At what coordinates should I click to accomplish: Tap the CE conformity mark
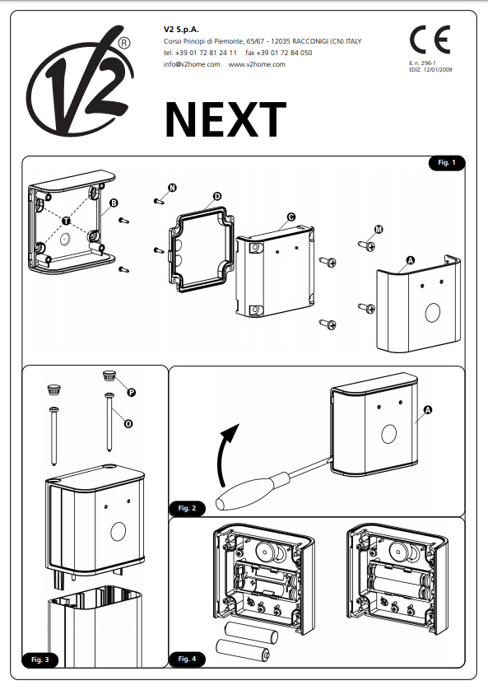tap(430, 40)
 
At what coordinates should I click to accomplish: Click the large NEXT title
tap(226, 119)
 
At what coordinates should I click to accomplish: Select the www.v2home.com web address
tap(257, 64)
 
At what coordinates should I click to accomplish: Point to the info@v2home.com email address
tap(192, 64)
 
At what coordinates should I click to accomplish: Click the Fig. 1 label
tap(447, 162)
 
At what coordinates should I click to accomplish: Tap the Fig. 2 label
tap(187, 508)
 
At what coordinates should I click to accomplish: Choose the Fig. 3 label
tap(40, 660)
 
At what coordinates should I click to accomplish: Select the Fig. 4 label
tap(187, 659)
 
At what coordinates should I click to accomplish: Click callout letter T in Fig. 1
tap(66, 220)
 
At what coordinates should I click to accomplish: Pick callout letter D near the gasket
tap(216, 196)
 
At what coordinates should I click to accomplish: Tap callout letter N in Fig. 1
tap(172, 188)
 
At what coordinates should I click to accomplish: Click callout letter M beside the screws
tap(379, 229)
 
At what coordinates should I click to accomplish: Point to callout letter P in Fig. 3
tap(131, 392)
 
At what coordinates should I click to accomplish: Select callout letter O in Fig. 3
tap(128, 424)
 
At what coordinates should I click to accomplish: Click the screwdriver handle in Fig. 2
tap(246, 491)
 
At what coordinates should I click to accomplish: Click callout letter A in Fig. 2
tap(428, 410)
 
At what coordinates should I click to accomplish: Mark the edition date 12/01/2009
tap(438, 69)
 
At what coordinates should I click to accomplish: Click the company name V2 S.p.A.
tap(181, 30)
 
